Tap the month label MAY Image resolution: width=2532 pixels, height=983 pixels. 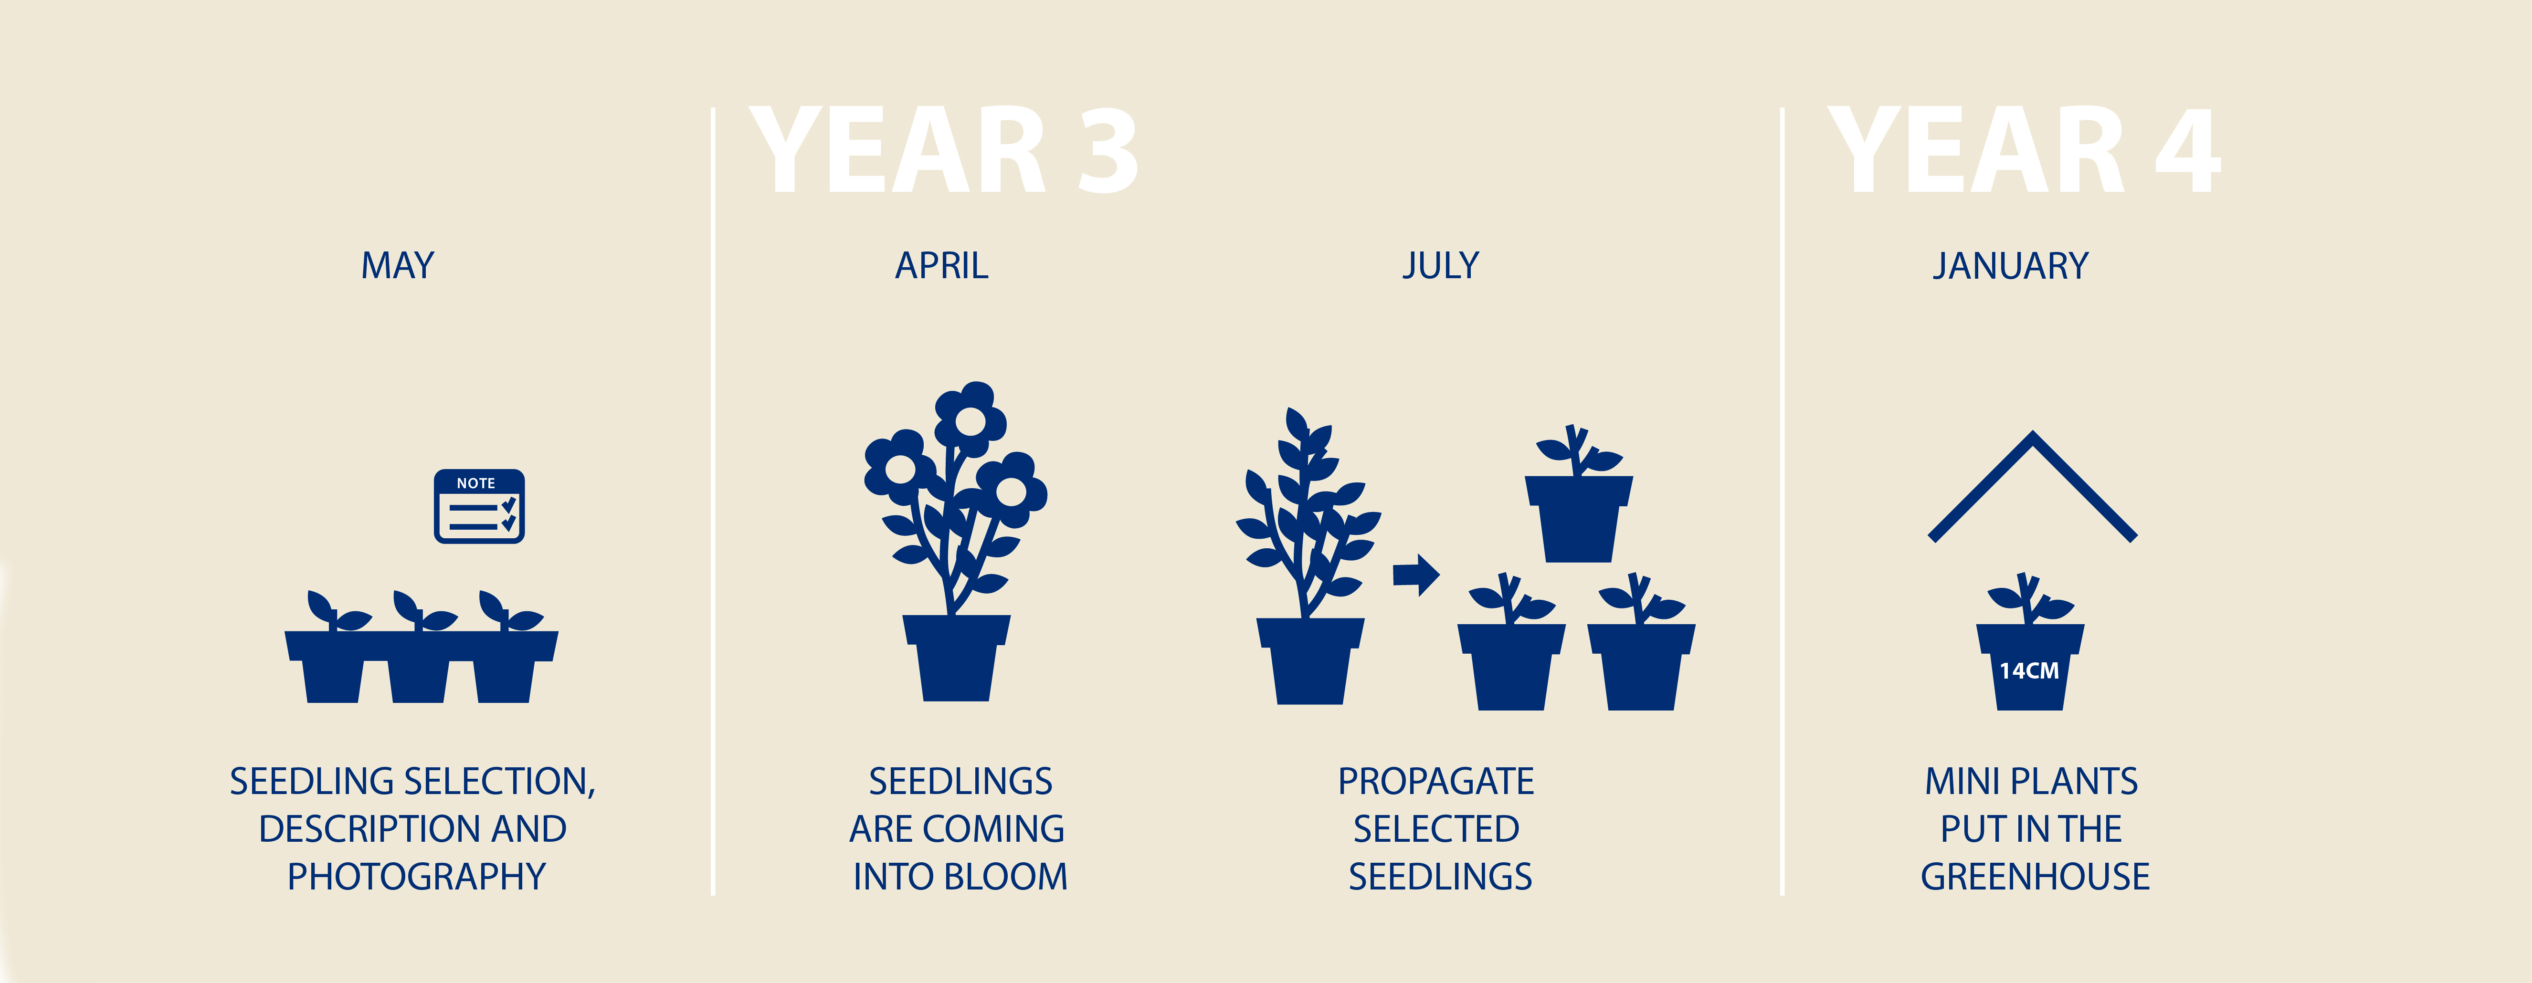397,265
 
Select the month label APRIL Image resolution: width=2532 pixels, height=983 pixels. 942,265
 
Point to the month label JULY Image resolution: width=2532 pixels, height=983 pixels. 1440,265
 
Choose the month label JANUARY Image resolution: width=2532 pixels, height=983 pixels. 2010,265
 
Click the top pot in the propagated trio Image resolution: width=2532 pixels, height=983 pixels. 1579,518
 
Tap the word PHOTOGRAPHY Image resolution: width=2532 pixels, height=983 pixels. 416,876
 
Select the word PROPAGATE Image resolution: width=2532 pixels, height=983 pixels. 1436,782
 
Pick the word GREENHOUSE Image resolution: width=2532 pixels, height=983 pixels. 2035,876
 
